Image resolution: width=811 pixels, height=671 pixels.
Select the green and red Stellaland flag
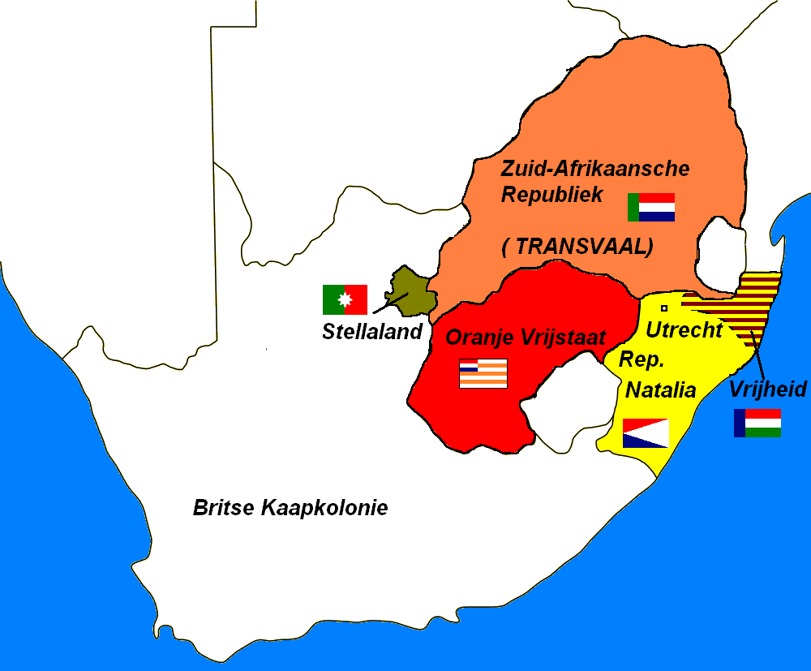[x=345, y=299]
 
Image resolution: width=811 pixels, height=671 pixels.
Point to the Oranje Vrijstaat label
[x=526, y=338]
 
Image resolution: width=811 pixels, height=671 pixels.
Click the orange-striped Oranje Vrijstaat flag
[x=483, y=373]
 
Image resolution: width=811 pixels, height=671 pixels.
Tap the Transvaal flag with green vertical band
[x=650, y=207]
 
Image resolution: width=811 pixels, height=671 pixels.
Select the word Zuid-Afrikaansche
[x=595, y=169]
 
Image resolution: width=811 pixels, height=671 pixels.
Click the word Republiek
[x=552, y=194]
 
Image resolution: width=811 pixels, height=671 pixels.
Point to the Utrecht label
[x=684, y=330]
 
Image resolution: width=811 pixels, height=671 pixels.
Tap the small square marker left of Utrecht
[x=664, y=308]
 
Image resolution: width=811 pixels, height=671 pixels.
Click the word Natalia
[x=660, y=390]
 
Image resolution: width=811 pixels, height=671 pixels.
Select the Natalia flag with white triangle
[x=645, y=433]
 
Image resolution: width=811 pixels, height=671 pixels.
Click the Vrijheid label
[x=768, y=389]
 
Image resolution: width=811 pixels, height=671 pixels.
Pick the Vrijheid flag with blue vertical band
[x=757, y=423]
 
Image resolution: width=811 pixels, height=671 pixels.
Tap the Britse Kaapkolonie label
[x=290, y=508]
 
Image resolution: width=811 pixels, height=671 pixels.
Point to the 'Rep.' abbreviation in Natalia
[x=637, y=359]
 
